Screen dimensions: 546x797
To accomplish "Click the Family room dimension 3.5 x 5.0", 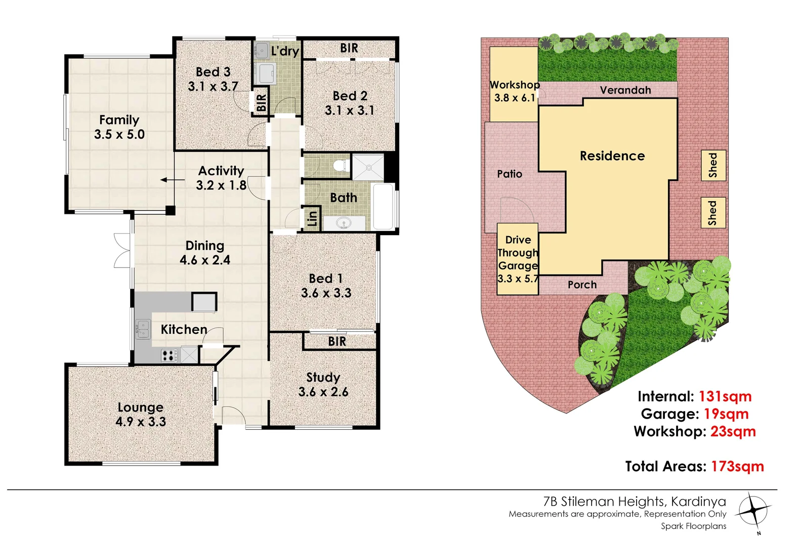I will (x=119, y=134).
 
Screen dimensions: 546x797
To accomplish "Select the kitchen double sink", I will (x=143, y=329).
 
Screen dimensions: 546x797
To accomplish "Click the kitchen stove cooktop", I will (x=169, y=355).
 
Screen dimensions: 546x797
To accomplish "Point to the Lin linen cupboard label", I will (x=312, y=218).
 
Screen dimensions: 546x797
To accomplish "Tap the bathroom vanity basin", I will (x=345, y=223).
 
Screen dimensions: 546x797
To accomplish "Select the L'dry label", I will (x=285, y=51).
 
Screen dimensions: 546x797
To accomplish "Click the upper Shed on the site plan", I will (x=713, y=165).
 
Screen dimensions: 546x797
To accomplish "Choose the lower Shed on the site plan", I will (x=713, y=213).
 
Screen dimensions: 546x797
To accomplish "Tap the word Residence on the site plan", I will (x=612, y=156).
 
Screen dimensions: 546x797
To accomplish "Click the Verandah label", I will (x=625, y=90).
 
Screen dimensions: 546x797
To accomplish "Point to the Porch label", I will (x=582, y=285).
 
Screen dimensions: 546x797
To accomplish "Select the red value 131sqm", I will (x=725, y=396).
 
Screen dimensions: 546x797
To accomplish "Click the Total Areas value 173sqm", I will (x=737, y=466).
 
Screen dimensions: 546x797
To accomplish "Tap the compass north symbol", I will (x=753, y=511).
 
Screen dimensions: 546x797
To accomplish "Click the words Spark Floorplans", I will (x=693, y=526).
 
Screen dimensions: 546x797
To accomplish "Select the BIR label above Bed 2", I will (x=349, y=48).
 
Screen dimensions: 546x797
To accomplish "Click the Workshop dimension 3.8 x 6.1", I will (x=515, y=98).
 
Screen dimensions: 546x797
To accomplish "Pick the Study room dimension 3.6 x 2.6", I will (x=323, y=392).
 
